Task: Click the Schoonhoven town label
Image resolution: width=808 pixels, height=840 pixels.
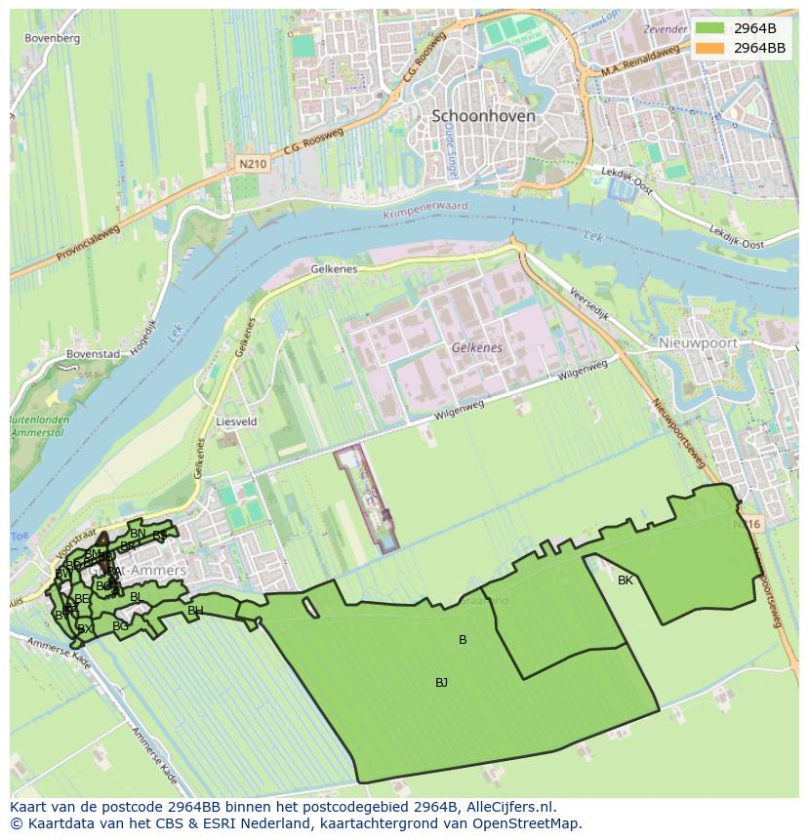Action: [x=483, y=115]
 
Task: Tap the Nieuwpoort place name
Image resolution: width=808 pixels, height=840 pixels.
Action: [x=697, y=343]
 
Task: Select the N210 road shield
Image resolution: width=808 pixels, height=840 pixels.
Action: [x=253, y=165]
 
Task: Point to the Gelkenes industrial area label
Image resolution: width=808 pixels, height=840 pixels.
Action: [x=476, y=347]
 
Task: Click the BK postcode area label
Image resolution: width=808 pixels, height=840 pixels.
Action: [x=626, y=580]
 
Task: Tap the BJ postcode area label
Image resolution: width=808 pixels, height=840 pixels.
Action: [x=441, y=683]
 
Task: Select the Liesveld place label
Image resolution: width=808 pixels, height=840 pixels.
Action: [x=235, y=422]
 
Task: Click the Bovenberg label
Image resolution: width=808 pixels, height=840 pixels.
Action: [x=53, y=38]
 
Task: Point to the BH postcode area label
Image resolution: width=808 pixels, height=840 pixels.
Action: [x=195, y=612]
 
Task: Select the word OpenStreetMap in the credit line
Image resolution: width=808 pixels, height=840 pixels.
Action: [x=531, y=823]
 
